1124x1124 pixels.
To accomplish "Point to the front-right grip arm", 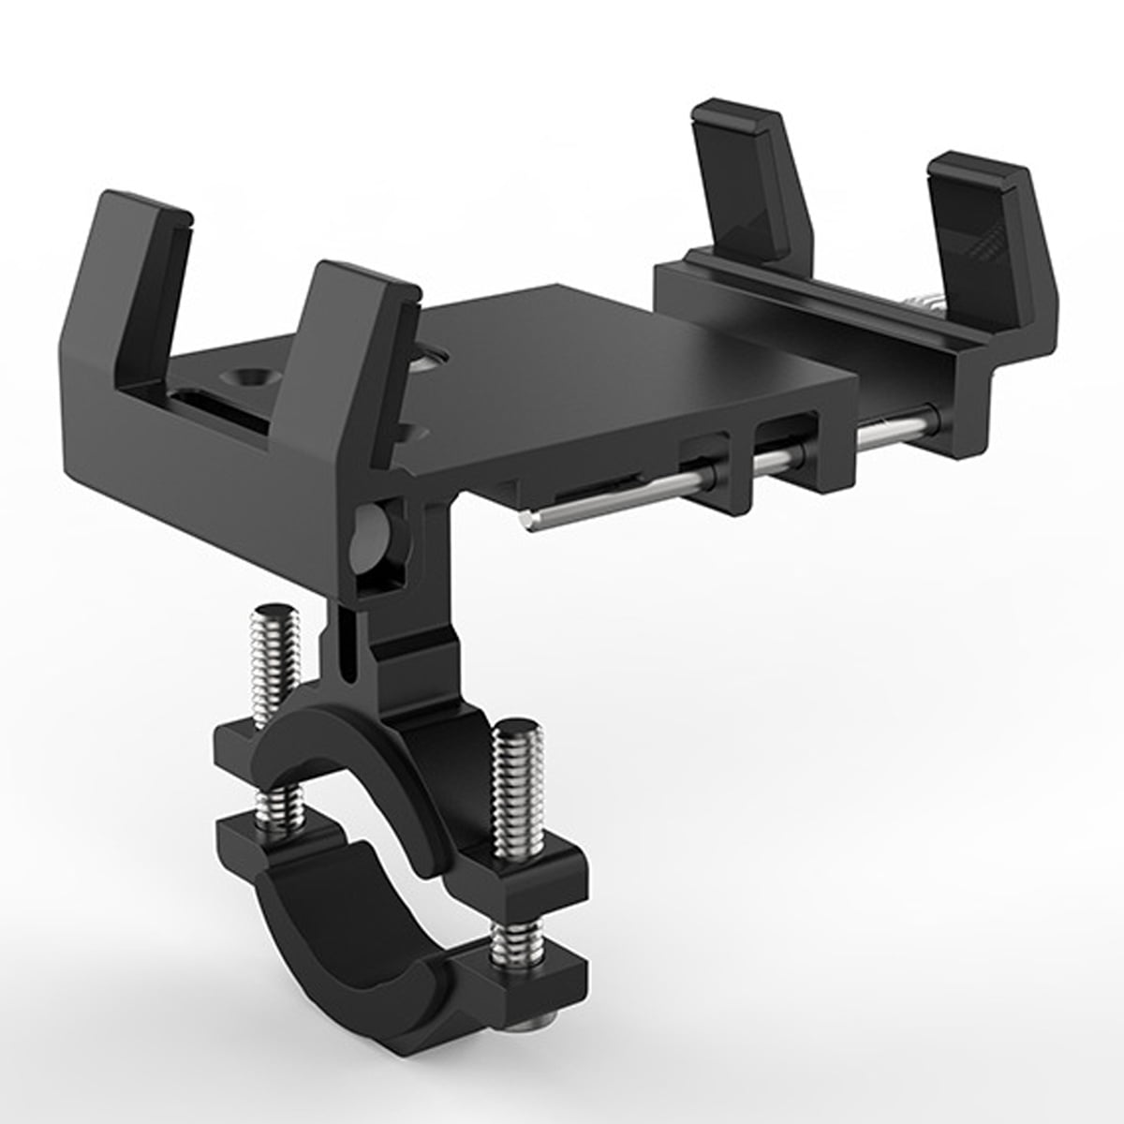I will [x=993, y=225].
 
